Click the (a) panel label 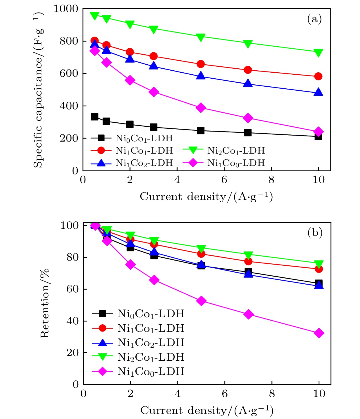[x=314, y=19]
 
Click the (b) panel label [x=315, y=233]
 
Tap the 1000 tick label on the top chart [x=66, y=9]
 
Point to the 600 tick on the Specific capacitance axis [x=69, y=74]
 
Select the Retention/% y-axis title [x=45, y=303]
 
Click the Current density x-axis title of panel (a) [x=206, y=197]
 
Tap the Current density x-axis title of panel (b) [x=207, y=410]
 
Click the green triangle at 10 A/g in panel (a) [x=318, y=53]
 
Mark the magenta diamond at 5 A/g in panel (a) [x=201, y=108]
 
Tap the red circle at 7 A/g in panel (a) [x=248, y=70]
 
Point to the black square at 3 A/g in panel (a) [x=154, y=127]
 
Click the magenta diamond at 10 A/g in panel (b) [x=319, y=333]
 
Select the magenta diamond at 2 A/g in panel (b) [x=131, y=265]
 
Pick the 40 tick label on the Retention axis [x=73, y=321]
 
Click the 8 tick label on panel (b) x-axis [x=272, y=394]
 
